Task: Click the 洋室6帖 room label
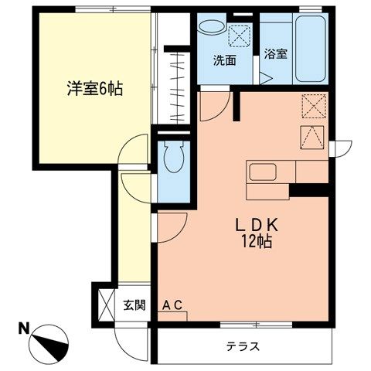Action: coord(93,87)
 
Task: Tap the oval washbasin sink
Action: coord(209,28)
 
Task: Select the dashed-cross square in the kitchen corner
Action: coord(313,105)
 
